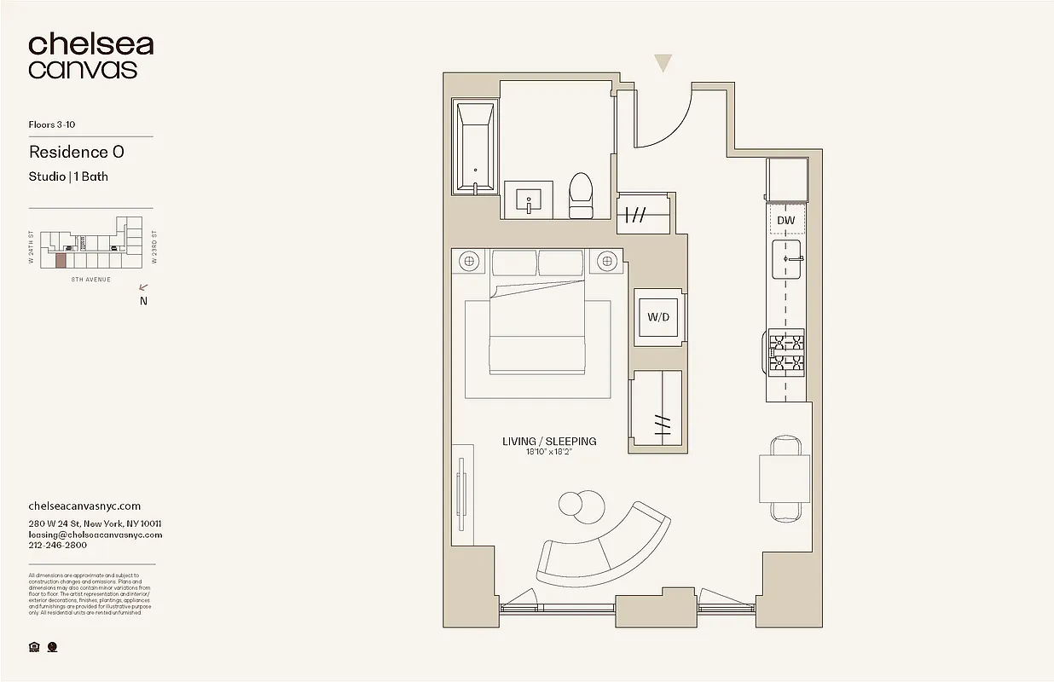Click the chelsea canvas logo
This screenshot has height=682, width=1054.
pos(90,56)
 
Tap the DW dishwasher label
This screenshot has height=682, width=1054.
pos(786,221)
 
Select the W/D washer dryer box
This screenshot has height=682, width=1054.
pos(657,317)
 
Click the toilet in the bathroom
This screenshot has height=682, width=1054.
pos(581,195)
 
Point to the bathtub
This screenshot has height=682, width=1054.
pos(474,148)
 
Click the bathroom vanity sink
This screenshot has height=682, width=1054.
pos(529,200)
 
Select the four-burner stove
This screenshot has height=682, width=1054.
pos(786,354)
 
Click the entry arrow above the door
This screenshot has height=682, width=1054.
pos(663,63)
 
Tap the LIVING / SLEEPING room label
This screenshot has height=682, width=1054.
pos(548,442)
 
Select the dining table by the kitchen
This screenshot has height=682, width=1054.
pos(785,478)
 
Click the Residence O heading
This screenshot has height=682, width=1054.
pos(77,152)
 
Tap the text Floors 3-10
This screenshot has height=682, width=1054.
pos(52,125)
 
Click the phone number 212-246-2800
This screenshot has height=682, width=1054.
pos(57,546)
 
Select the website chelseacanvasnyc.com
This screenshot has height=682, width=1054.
pos(84,506)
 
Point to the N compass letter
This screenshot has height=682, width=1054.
pos(143,301)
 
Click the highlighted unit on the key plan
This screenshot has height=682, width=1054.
pos(61,261)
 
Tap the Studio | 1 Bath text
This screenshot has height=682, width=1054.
pos(68,177)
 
